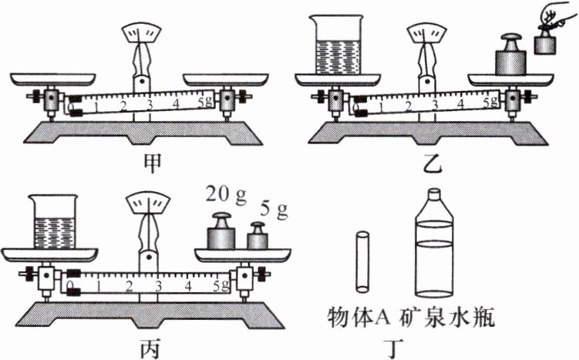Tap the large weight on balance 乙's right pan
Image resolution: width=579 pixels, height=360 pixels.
pyautogui.click(x=510, y=56)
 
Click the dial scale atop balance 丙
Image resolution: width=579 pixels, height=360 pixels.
pyautogui.click(x=148, y=204)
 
